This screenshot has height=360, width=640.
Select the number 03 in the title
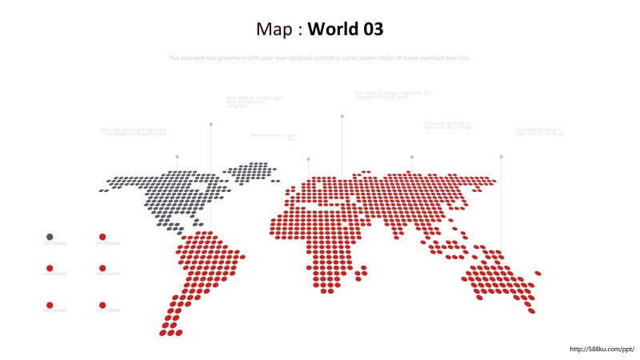coord(372,30)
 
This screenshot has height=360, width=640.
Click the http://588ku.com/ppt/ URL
coord(602,349)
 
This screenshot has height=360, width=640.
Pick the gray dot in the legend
coord(50,237)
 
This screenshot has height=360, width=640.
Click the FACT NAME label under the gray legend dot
coord(55,243)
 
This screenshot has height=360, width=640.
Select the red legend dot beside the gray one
coord(102,237)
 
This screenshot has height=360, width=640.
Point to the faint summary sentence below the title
coord(320,58)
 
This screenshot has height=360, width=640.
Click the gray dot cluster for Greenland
coord(249,171)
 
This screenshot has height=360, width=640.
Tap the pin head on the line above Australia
coord(501,157)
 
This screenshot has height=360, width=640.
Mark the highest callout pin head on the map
coord(342,116)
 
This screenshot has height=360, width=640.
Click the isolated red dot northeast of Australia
coord(538,273)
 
